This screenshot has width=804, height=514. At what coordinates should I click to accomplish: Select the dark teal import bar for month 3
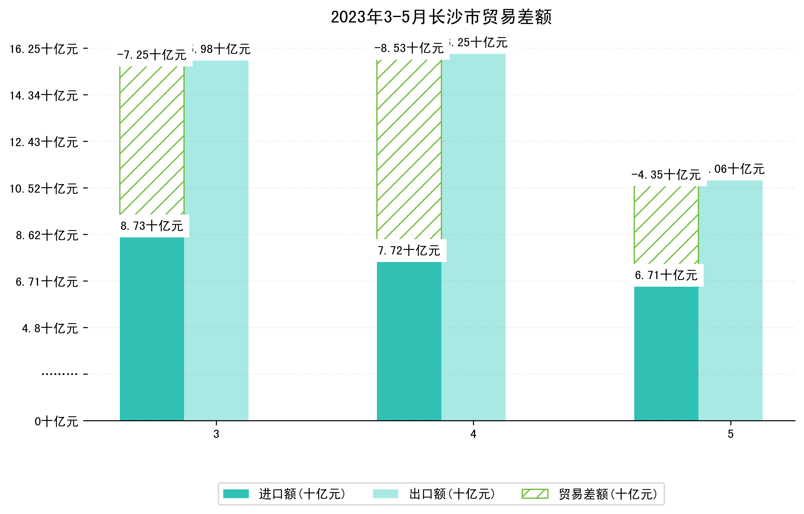click(x=151, y=329)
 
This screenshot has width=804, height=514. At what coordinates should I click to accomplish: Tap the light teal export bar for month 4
click(x=473, y=237)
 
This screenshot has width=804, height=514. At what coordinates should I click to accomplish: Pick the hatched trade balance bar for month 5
click(x=666, y=225)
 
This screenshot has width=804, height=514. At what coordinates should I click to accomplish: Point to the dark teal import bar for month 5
click(x=666, y=353)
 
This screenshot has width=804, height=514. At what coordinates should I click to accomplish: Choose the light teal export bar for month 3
click(x=216, y=240)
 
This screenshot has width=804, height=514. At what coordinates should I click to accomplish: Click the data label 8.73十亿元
click(x=151, y=226)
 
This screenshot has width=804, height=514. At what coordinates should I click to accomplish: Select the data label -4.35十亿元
click(x=666, y=175)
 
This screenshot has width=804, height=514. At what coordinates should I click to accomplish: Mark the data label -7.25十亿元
click(x=151, y=55)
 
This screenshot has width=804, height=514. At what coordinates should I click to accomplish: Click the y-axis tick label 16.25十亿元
click(x=44, y=49)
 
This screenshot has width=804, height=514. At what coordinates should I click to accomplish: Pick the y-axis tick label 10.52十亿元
click(x=44, y=189)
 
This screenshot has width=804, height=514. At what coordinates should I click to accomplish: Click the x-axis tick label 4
click(x=473, y=434)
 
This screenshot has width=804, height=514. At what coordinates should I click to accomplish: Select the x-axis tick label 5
click(x=731, y=434)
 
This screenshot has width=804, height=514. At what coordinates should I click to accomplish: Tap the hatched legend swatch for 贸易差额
click(x=535, y=494)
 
